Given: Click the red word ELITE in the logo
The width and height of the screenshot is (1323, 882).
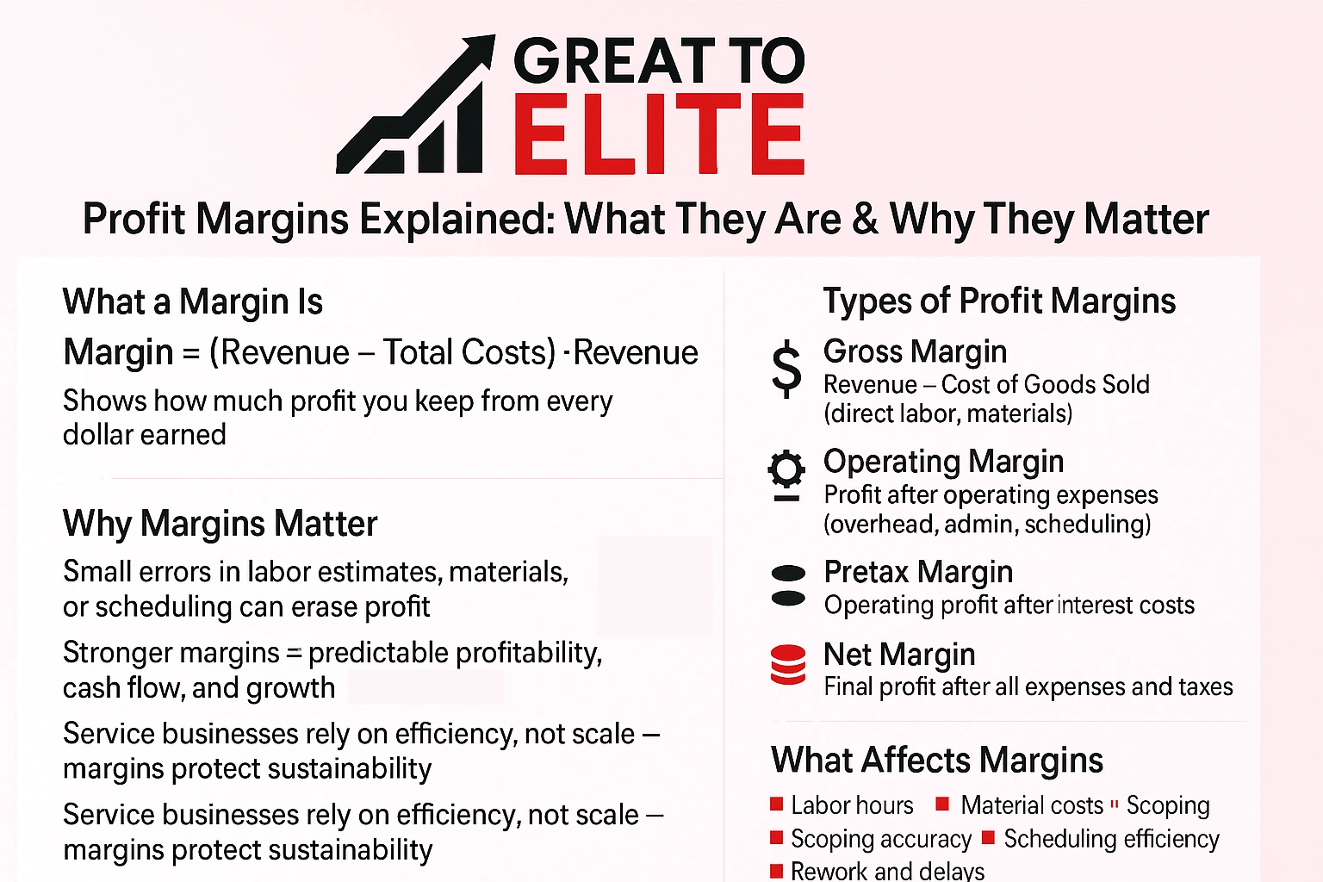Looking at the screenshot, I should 659,134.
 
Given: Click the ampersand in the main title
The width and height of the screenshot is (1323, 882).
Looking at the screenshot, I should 865,219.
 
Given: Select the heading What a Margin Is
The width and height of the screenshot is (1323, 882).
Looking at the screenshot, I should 193,302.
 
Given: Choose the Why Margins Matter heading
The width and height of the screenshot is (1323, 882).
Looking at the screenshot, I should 220,524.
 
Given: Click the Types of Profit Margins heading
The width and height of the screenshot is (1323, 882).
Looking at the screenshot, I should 999,301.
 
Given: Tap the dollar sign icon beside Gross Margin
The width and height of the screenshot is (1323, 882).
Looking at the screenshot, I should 786,369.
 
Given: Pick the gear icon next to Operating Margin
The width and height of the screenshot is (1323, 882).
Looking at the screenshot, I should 786,475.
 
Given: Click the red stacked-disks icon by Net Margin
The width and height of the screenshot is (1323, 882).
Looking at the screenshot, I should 788,665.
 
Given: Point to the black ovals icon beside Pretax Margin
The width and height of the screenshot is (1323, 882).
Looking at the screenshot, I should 788,586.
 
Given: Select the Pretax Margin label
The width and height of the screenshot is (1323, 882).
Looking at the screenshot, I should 918,572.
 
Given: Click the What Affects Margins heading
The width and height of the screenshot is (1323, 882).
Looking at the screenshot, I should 937,761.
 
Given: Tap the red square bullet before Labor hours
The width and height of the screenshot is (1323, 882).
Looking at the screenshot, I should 777,804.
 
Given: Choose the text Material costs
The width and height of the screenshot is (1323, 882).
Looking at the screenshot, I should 1032,805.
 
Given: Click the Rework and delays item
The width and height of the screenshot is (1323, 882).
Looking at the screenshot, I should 887,871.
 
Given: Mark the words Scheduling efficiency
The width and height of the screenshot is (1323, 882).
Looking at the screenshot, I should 1111,839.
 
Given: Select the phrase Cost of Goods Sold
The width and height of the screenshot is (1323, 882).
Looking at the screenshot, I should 1045,384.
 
